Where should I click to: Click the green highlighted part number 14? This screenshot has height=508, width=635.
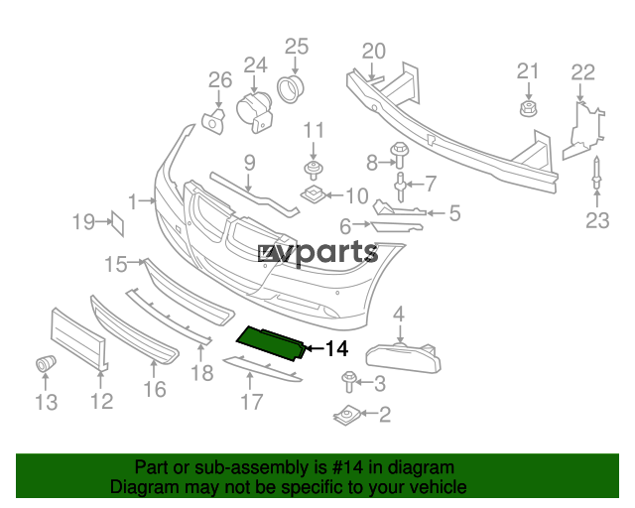pyautogui.click(x=271, y=342)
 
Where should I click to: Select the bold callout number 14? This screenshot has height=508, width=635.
pyautogui.click(x=337, y=348)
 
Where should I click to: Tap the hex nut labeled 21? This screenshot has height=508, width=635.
pyautogui.click(x=528, y=108)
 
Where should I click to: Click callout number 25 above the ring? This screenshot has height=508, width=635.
pyautogui.click(x=297, y=47)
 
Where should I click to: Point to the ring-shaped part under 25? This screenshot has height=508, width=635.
pyautogui.click(x=291, y=88)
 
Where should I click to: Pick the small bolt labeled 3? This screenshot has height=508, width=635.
pyautogui.click(x=348, y=382)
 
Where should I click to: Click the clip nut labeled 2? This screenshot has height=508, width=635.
pyautogui.click(x=346, y=415)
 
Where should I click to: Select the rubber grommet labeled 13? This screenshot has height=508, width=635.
pyautogui.click(x=46, y=363)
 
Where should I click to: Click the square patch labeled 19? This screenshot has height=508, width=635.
pyautogui.click(x=118, y=223)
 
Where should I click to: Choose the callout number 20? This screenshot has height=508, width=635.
pyautogui.click(x=373, y=52)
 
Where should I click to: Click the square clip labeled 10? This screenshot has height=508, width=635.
pyautogui.click(x=314, y=194)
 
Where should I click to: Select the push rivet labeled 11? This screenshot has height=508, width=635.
pyautogui.click(x=314, y=170)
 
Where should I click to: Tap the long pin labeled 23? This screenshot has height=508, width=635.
pyautogui.click(x=596, y=174)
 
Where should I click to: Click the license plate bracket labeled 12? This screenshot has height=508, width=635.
pyautogui.click(x=79, y=338)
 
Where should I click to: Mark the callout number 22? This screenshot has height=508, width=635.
pyautogui.click(x=582, y=72)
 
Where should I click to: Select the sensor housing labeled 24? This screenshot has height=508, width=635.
pyautogui.click(x=254, y=112)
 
